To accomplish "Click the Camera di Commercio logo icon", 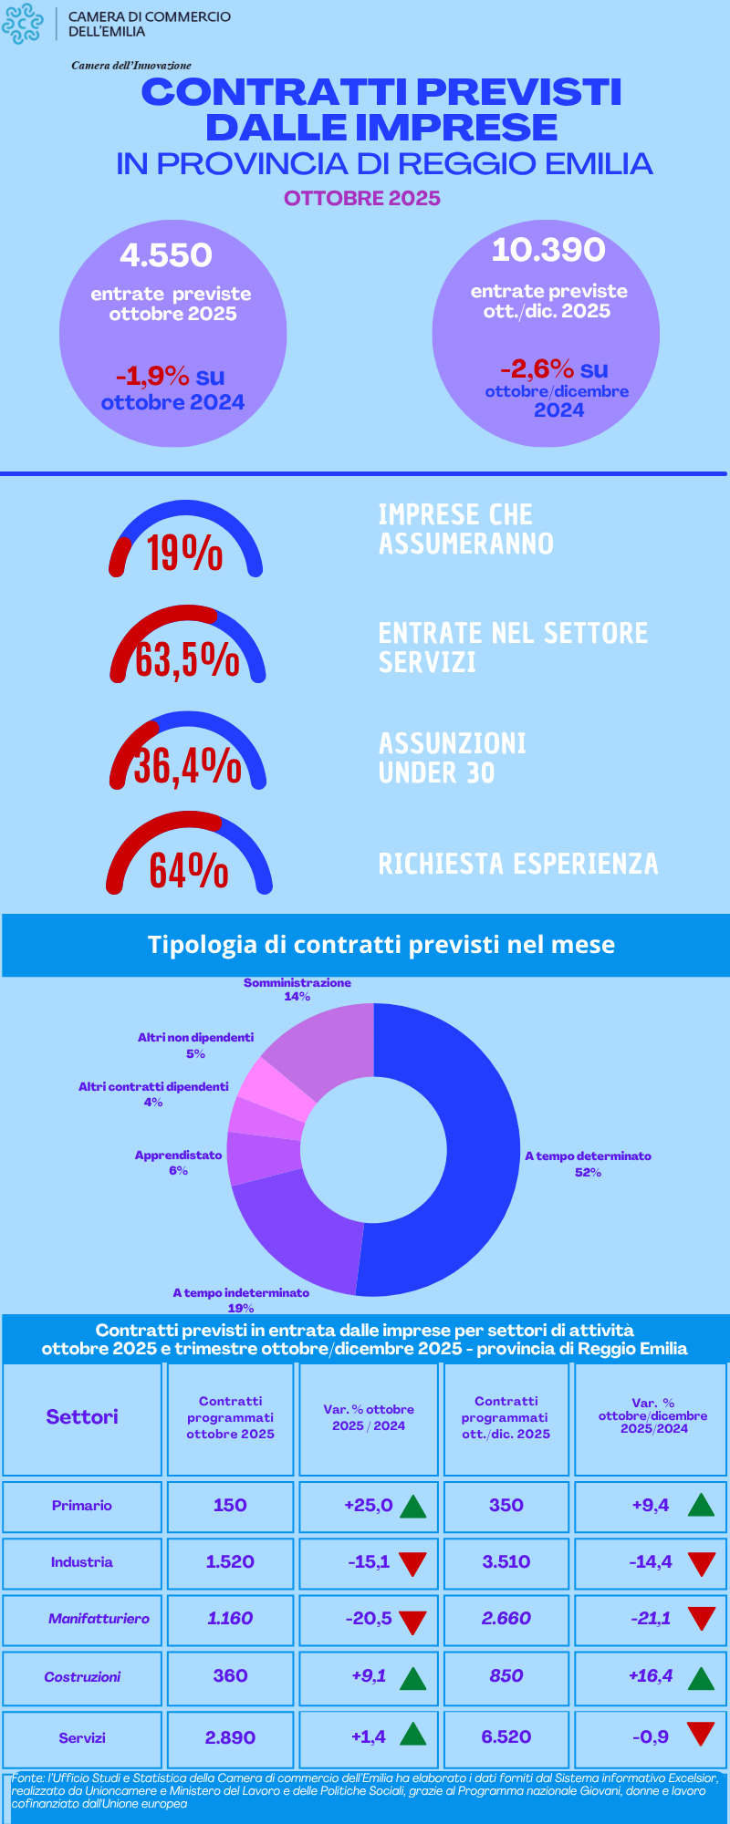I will click(23, 24).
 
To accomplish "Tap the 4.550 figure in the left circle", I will click(166, 255).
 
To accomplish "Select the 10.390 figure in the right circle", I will click(548, 250).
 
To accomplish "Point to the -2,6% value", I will click(537, 369).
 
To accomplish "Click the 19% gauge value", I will click(185, 553).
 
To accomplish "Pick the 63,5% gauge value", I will click(187, 659).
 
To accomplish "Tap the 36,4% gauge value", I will click(188, 765).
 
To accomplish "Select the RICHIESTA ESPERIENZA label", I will click(517, 864).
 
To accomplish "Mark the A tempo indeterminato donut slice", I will click(301, 1231).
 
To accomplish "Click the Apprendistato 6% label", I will click(178, 1163).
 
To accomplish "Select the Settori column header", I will click(82, 1416).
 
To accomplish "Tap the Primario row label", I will click(82, 1506).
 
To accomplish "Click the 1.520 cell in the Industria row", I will click(230, 1562).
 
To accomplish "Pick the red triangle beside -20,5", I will click(413, 1622).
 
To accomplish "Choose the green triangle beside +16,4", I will click(701, 1678).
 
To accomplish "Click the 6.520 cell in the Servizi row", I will click(506, 1737).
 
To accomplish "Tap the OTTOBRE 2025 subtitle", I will click(362, 199).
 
